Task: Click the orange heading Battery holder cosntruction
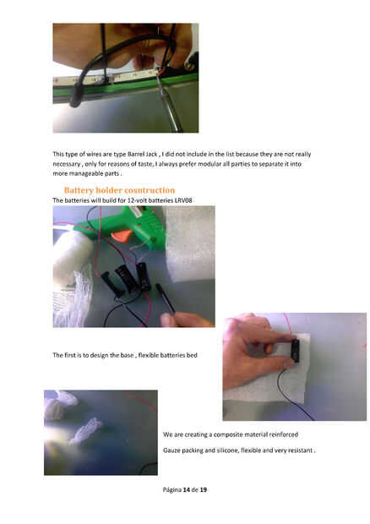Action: pos(119,190)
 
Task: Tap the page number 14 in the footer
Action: pos(187,489)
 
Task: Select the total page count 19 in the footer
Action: pos(203,489)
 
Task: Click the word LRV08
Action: pos(183,200)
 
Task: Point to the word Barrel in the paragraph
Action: pos(136,154)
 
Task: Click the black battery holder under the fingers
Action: pos(295,350)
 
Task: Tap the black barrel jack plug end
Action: pos(76,101)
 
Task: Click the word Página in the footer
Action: pos(172,490)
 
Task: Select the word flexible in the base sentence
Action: pos(148,355)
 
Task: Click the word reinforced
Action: pos(284,434)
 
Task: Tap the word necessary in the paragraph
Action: pos(67,164)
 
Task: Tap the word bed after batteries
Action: pos(192,355)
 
